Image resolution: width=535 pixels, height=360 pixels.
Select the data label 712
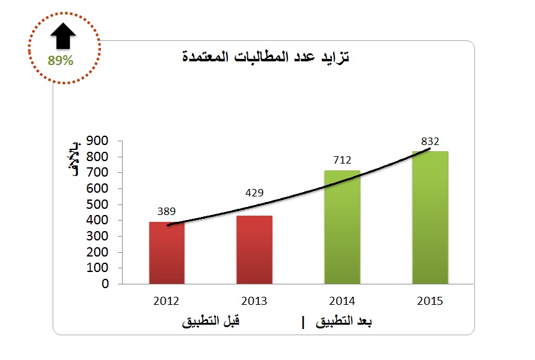(342, 160)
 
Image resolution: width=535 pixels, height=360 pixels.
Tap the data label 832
(429, 140)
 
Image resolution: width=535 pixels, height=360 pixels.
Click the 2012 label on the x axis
(166, 301)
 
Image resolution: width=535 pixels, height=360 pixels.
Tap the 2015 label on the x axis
(430, 301)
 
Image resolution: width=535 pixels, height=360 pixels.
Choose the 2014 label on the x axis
(342, 301)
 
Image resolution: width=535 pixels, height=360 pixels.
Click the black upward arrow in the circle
(64, 37)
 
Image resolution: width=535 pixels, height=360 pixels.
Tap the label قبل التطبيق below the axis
(211, 322)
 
